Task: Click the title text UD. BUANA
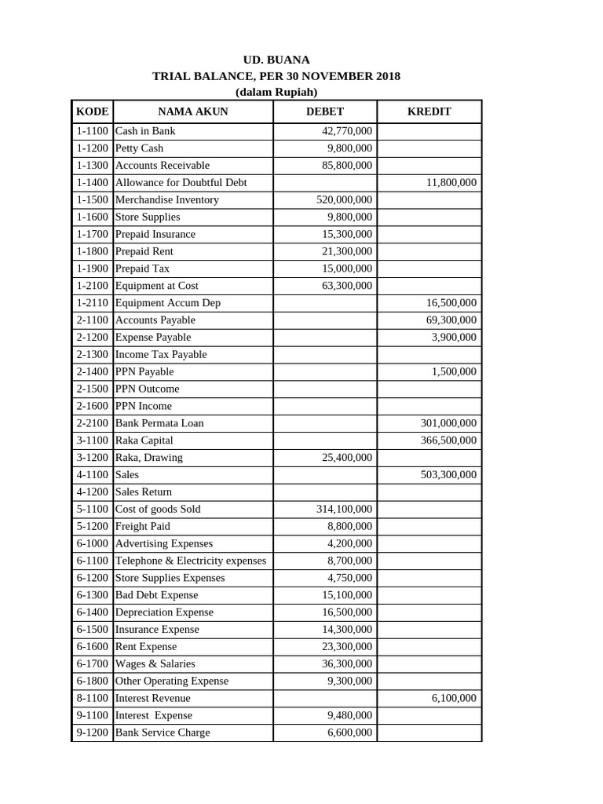(x=276, y=60)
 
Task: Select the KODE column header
(x=92, y=111)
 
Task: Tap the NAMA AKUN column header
(x=192, y=111)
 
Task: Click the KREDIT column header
(x=429, y=111)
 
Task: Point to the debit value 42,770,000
(x=347, y=131)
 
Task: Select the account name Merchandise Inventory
(x=167, y=200)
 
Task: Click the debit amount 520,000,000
(x=344, y=200)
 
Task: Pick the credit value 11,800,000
(x=451, y=183)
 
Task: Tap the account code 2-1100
(x=92, y=320)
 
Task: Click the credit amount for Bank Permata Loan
(x=448, y=423)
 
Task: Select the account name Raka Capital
(x=144, y=440)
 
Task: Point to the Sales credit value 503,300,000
(x=448, y=475)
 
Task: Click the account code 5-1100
(x=92, y=510)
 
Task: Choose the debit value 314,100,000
(x=344, y=510)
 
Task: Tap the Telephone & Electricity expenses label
(x=191, y=561)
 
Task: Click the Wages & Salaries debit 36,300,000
(x=347, y=664)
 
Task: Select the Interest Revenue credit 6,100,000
(x=454, y=698)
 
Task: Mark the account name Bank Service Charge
(x=163, y=733)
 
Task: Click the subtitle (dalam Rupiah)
(x=276, y=92)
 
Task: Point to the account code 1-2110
(x=92, y=303)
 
